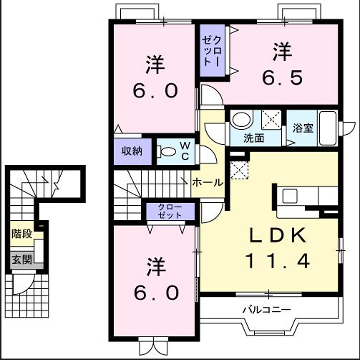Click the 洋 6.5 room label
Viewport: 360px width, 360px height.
[x=283, y=62]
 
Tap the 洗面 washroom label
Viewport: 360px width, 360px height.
[x=254, y=138]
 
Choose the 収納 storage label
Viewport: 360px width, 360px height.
[x=132, y=151]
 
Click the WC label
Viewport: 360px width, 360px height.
[x=184, y=151]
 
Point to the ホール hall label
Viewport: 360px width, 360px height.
[x=208, y=183]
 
